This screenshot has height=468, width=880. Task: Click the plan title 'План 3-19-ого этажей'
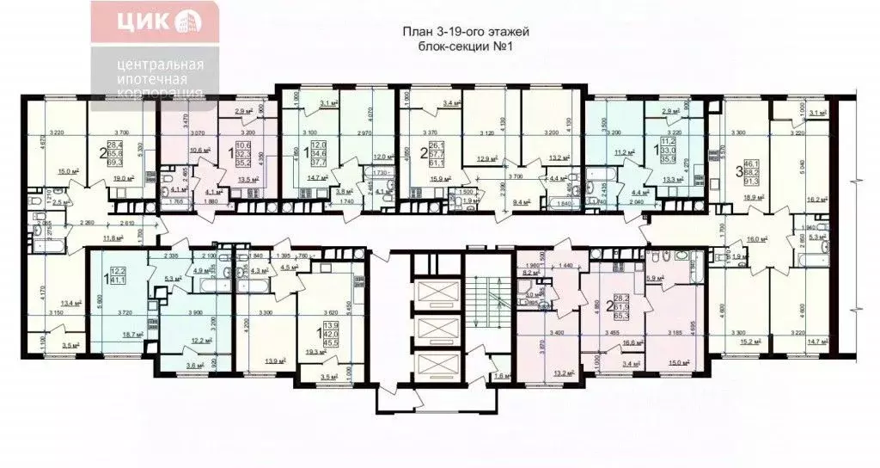coord(467,32)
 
